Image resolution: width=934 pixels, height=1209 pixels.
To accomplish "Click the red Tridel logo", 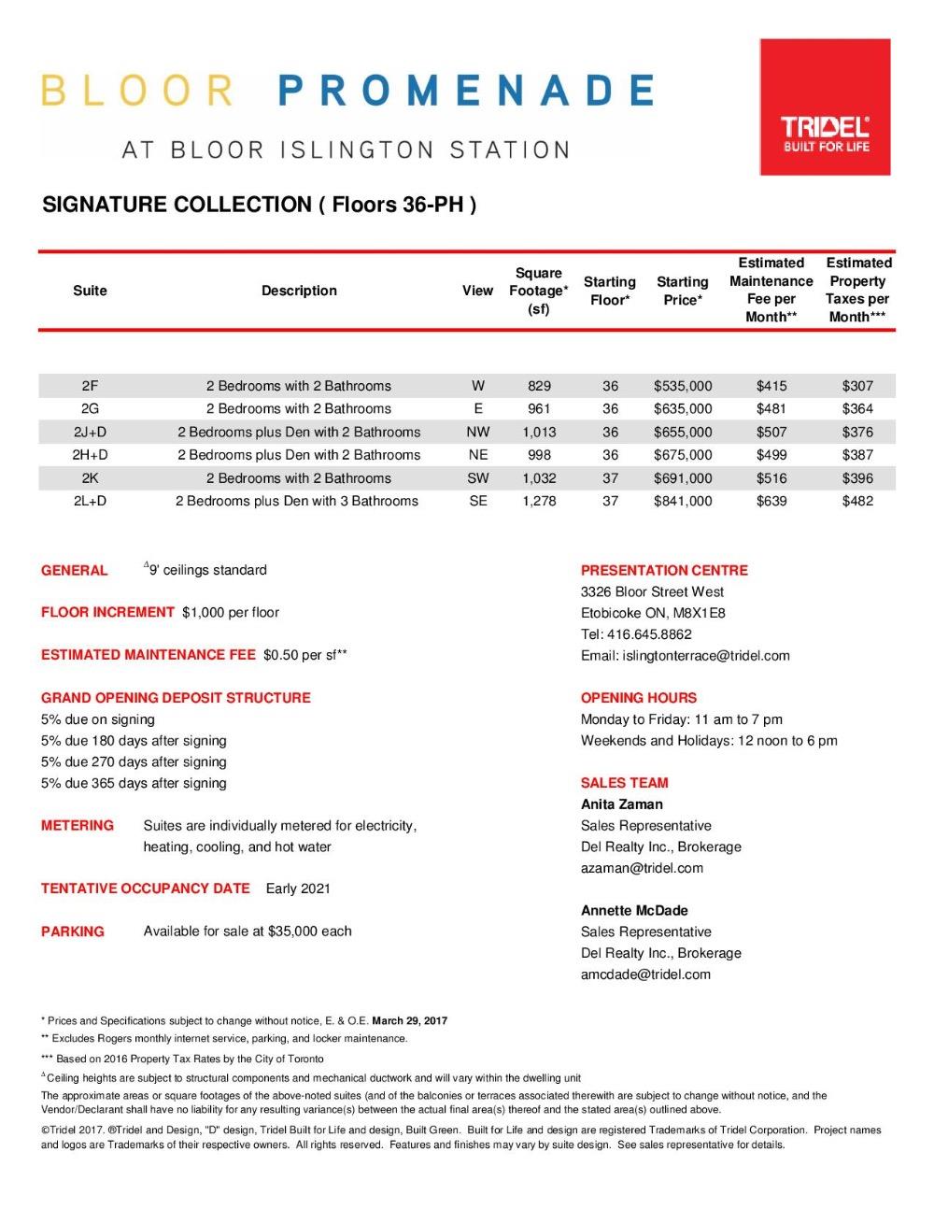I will pyautogui.click(x=825, y=107).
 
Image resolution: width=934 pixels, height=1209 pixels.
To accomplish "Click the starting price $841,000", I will pyautogui.click(x=683, y=501).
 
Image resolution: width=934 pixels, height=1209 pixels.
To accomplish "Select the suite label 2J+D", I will pyautogui.click(x=90, y=432).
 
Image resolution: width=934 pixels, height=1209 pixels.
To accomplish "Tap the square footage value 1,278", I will pyautogui.click(x=539, y=501).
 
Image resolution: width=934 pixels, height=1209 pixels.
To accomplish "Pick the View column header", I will pyautogui.click(x=477, y=291).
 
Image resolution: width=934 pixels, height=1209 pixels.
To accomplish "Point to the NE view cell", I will pyautogui.click(x=477, y=455).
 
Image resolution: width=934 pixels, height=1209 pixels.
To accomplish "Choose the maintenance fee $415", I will pyautogui.click(x=771, y=386).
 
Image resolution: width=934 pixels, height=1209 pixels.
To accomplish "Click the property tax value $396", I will pyautogui.click(x=857, y=478).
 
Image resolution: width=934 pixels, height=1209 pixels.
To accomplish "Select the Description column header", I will pyautogui.click(x=299, y=291).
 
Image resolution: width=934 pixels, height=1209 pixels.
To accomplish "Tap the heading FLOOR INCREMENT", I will pyautogui.click(x=107, y=612).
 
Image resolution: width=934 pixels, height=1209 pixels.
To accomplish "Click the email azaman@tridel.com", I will pyautogui.click(x=642, y=868).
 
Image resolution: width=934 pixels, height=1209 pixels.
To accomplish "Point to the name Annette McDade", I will pyautogui.click(x=634, y=910).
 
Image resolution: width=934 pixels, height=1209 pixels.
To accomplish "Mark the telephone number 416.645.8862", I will pyautogui.click(x=649, y=634).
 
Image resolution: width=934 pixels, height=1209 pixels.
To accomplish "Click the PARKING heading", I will pyautogui.click(x=73, y=932).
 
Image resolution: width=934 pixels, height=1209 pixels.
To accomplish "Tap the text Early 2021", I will pyautogui.click(x=298, y=889).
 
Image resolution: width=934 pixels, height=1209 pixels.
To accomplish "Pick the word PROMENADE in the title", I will pyautogui.click(x=466, y=91).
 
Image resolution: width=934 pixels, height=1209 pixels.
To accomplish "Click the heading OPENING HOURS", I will pyautogui.click(x=639, y=698).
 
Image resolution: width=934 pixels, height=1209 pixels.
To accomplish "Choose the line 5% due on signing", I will pyautogui.click(x=98, y=719).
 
